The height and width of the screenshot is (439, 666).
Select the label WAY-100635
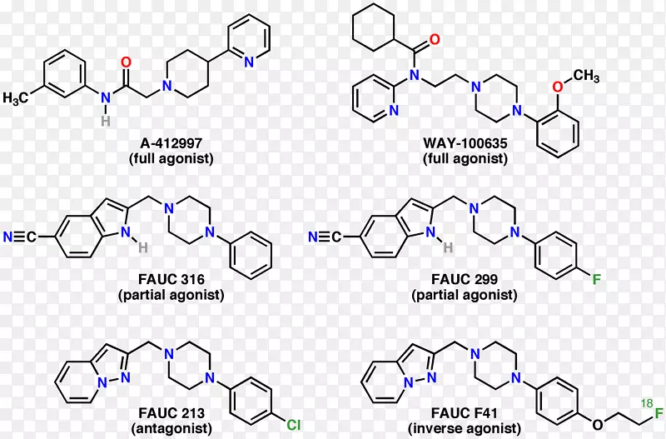[465, 143]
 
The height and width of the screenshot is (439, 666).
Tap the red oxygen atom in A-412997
[127, 62]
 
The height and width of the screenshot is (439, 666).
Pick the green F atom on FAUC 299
[595, 273]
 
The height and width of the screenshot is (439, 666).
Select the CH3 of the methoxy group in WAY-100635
[585, 77]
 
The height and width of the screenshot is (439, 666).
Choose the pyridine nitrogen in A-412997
[248, 62]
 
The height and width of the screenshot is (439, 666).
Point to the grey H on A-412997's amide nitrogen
[106, 121]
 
